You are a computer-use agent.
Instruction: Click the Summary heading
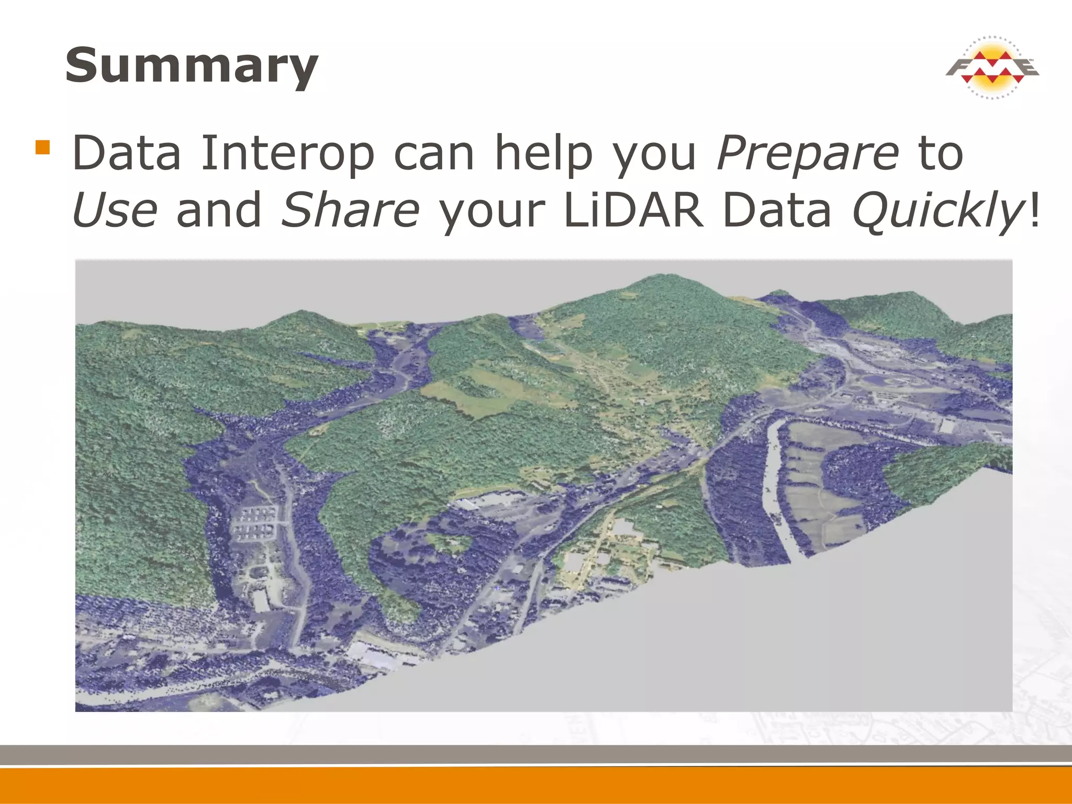click(192, 65)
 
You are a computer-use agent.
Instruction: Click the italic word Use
click(115, 210)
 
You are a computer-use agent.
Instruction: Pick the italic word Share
click(350, 210)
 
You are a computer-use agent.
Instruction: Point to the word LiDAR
click(634, 210)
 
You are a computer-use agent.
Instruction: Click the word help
click(543, 153)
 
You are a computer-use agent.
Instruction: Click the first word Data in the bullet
click(127, 153)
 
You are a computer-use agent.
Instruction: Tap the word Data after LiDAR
click(777, 210)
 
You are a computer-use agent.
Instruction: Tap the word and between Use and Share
click(219, 210)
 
